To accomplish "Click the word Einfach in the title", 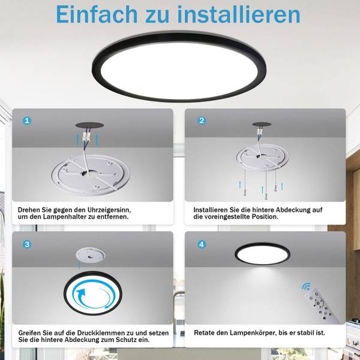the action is [97, 14].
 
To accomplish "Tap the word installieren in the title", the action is [239, 14].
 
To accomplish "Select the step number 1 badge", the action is [27, 121].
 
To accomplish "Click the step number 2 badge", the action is [202, 121].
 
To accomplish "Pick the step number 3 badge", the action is [27, 244].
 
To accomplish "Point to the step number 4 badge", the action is [202, 244].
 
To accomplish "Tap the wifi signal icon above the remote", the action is [306, 287].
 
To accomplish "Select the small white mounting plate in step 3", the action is [91, 256].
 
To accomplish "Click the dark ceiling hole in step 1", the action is [89, 125].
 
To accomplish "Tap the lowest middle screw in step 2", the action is [266, 196].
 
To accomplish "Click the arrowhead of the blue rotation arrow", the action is [81, 293].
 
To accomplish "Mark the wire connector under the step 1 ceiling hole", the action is [86, 136].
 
